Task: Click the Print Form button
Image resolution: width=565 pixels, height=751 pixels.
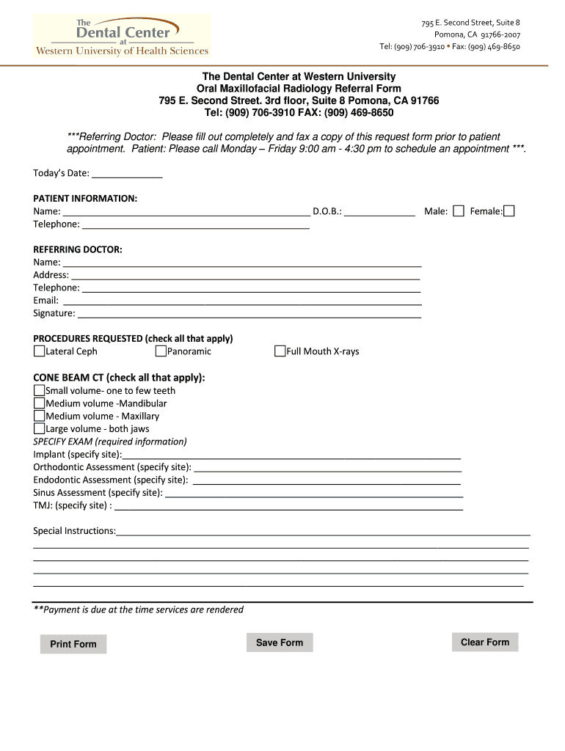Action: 73,644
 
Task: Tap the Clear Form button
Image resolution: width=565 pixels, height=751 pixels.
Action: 484,642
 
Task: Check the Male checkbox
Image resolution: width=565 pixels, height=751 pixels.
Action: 459,211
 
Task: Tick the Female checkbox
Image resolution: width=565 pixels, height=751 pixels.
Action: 509,211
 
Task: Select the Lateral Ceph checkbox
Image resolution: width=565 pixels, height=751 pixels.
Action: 39,351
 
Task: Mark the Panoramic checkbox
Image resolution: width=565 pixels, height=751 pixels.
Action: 161,351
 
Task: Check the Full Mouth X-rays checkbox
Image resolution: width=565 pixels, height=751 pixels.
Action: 280,351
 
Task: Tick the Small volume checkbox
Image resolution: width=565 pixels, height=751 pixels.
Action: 39,390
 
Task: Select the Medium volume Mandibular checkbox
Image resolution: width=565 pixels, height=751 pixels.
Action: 39,403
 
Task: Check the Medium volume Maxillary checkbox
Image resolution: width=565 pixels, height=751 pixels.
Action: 39,416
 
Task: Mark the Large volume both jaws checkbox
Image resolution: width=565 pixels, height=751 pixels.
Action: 39,428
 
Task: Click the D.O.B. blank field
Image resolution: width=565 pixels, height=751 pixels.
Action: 379,211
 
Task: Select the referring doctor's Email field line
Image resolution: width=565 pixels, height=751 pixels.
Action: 242,300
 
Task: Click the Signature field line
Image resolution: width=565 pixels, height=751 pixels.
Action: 249,313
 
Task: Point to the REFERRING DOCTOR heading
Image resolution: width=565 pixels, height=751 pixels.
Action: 78,249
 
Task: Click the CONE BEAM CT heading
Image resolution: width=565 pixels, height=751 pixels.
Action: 119,377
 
